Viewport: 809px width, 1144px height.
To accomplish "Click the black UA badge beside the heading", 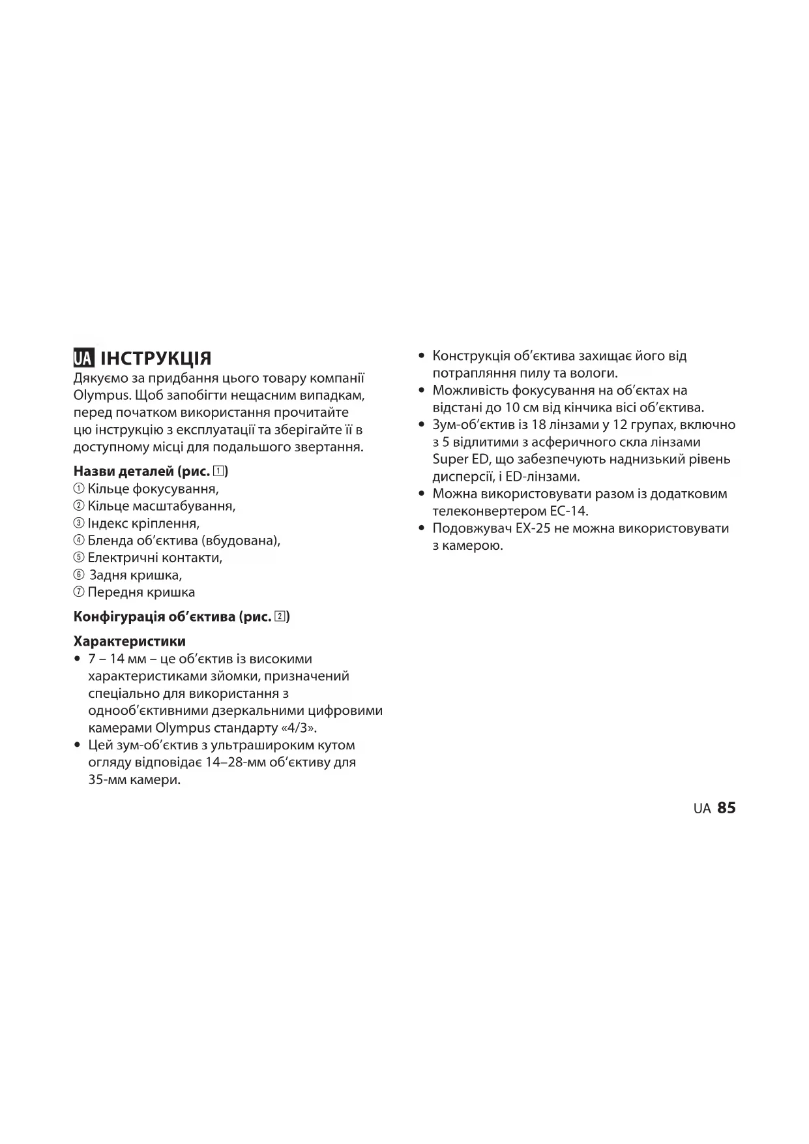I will (83, 358).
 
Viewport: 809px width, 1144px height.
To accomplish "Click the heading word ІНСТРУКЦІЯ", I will (156, 359).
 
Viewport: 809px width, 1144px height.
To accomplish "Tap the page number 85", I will (726, 808).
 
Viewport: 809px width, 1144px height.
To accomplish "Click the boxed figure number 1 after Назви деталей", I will (218, 471).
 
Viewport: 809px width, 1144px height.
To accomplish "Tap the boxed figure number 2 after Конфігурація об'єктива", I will (280, 616).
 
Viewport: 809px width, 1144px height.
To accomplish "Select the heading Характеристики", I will (130, 641).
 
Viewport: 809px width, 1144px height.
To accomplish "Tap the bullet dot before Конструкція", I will (421, 356).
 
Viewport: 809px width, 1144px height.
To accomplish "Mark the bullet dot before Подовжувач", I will (421, 528).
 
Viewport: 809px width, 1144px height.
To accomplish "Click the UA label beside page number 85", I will (702, 809).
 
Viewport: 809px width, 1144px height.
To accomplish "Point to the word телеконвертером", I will (485, 511).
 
